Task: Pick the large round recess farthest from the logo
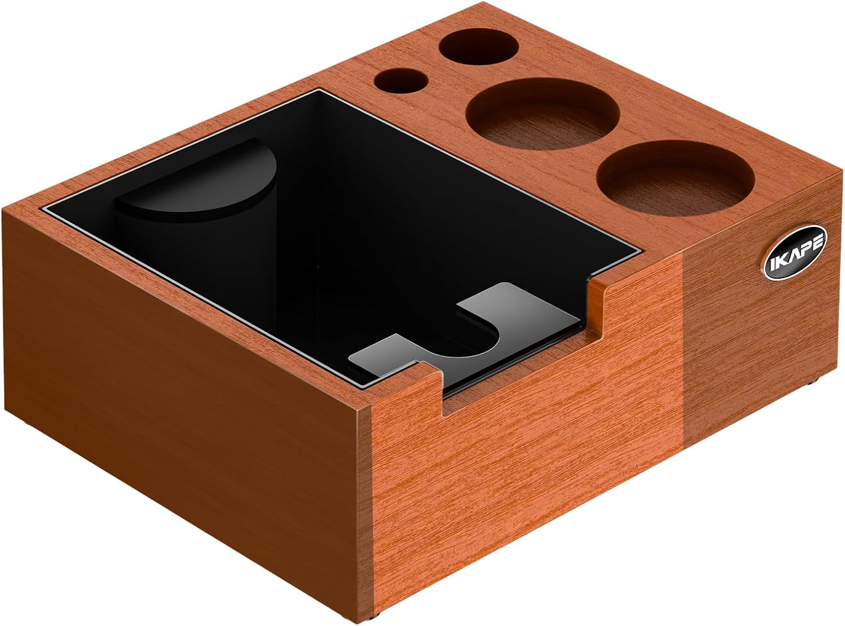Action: [x=543, y=114]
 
